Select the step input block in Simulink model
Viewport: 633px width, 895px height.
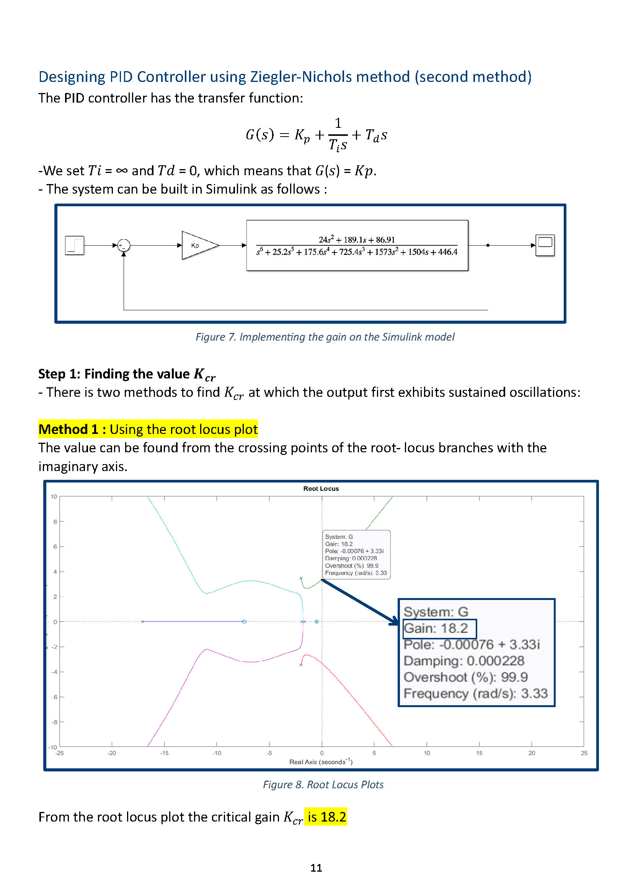pyautogui.click(x=75, y=245)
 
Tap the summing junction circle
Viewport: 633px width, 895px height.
pyautogui.click(x=124, y=245)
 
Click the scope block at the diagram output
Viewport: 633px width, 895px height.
pyautogui.click(x=545, y=245)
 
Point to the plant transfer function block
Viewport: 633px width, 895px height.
pyautogui.click(x=357, y=245)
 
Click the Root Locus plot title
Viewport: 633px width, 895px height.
pyautogui.click(x=321, y=488)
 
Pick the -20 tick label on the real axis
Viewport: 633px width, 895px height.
pyautogui.click(x=112, y=753)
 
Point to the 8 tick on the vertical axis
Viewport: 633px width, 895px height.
pyautogui.click(x=55, y=522)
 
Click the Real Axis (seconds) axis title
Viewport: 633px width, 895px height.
pyautogui.click(x=320, y=762)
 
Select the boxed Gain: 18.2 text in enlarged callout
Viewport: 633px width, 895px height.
pyautogui.click(x=439, y=628)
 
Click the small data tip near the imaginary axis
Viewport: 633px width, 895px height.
pyautogui.click(x=356, y=554)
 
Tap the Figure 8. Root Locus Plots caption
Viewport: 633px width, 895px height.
pyautogui.click(x=323, y=784)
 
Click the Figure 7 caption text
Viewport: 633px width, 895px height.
pyautogui.click(x=325, y=337)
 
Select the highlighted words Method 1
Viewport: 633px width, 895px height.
pyautogui.click(x=69, y=429)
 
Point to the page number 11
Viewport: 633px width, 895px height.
pyautogui.click(x=316, y=868)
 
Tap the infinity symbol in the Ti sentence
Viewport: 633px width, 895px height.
pyautogui.click(x=122, y=171)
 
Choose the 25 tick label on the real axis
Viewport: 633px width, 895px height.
pyautogui.click(x=584, y=753)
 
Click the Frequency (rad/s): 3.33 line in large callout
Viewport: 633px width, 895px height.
pyautogui.click(x=476, y=693)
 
